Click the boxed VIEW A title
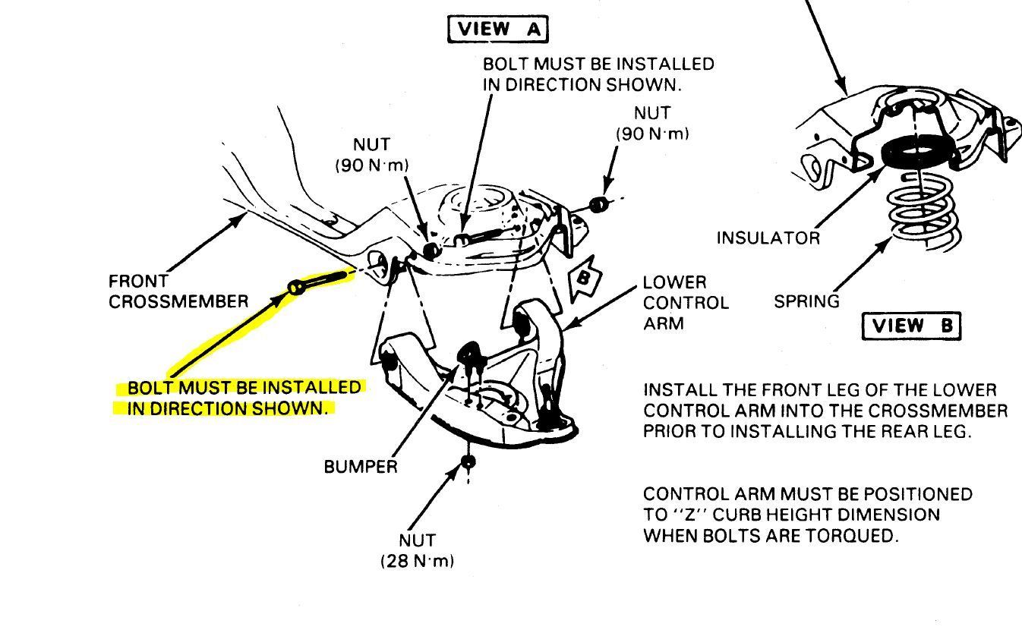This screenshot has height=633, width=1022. coord(497,30)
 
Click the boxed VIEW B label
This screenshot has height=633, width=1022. coord(911,326)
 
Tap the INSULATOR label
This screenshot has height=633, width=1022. coord(768,238)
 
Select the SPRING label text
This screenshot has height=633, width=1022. coord(806,301)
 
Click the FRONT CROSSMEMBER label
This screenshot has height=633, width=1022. coord(178,291)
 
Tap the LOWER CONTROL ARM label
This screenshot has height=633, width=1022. coord(685,303)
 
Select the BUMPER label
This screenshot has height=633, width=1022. coord(360,467)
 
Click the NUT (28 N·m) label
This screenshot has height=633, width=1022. coord(417,551)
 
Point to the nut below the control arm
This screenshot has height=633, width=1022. coord(468,461)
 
